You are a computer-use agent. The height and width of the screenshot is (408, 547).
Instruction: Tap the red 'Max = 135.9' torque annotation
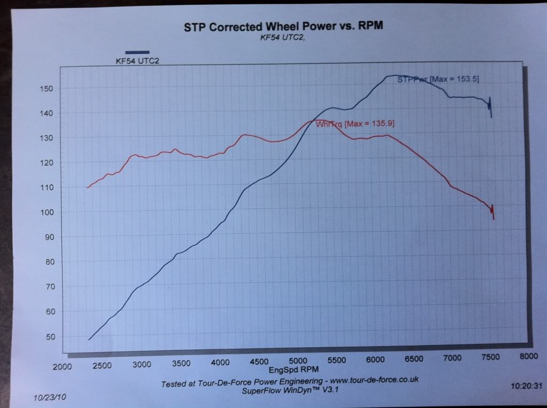(x=372, y=124)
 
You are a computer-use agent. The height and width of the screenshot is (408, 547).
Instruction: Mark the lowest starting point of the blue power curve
(x=89, y=339)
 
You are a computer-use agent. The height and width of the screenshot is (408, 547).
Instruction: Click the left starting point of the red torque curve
(x=87, y=187)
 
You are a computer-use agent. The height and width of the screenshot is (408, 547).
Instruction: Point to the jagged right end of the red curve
(x=492, y=211)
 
